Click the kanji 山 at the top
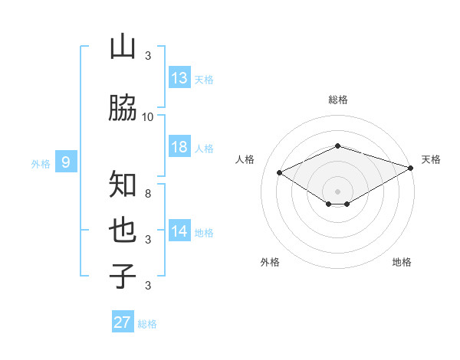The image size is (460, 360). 123,47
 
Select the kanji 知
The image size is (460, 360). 123,185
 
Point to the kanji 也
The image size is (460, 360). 123,229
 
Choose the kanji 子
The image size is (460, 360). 123,276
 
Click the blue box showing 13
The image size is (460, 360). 179,78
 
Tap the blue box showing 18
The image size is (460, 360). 179,147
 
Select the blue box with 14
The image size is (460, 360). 179,232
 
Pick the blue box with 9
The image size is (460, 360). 66,162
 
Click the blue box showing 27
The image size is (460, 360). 123,322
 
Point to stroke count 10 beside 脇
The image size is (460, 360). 148,116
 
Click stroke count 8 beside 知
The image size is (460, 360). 148,194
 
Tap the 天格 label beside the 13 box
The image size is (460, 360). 203,79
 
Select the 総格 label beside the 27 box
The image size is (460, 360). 147,324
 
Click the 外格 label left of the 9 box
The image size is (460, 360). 40,163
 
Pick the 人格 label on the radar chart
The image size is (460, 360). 245,159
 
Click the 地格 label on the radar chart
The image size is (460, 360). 402,262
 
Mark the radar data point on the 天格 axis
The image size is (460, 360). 412,169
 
